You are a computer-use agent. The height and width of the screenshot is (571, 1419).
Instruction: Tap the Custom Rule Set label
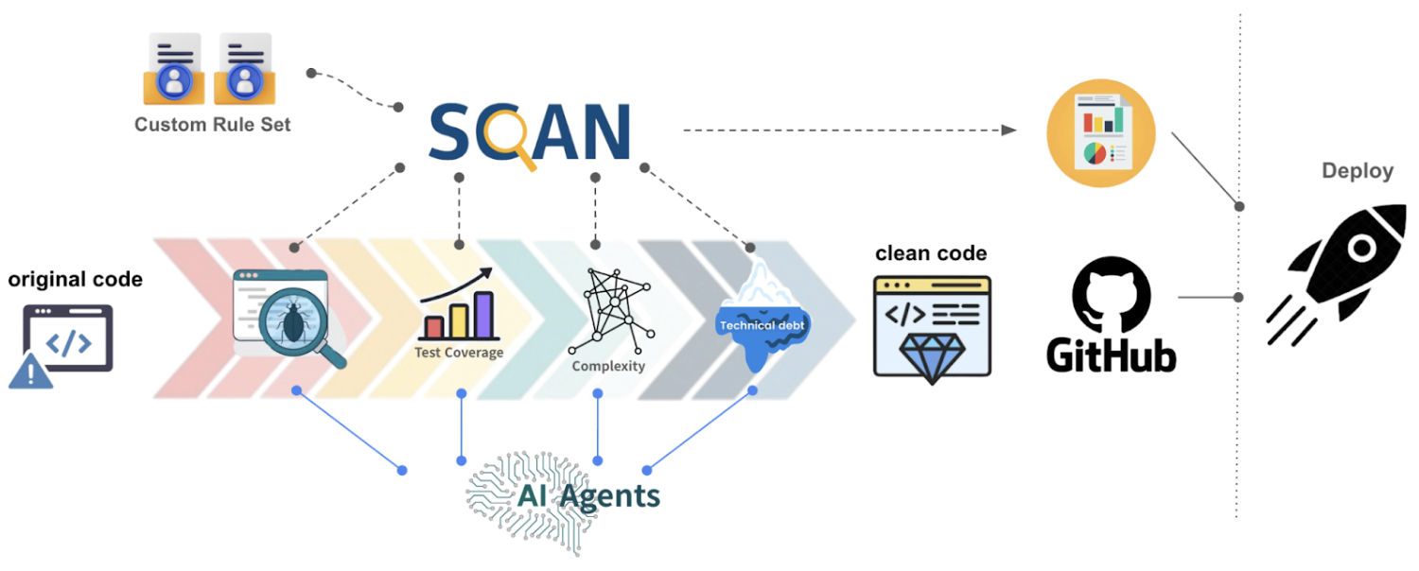pyautogui.click(x=212, y=124)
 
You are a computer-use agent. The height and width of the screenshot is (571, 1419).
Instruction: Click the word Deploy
pyautogui.click(x=1358, y=171)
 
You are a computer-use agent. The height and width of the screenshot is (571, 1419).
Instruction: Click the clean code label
pyautogui.click(x=931, y=253)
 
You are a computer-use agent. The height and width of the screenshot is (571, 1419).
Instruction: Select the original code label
pyautogui.click(x=76, y=279)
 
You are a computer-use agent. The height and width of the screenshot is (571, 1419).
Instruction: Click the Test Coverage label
pyautogui.click(x=459, y=353)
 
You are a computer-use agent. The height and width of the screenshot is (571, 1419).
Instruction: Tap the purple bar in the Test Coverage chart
pyautogui.click(x=483, y=315)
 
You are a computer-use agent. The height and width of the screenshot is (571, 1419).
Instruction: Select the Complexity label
pyautogui.click(x=608, y=366)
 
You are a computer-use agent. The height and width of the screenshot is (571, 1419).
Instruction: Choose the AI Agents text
pyautogui.click(x=587, y=495)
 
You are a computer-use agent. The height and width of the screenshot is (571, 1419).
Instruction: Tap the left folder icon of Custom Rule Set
pyautogui.click(x=174, y=70)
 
